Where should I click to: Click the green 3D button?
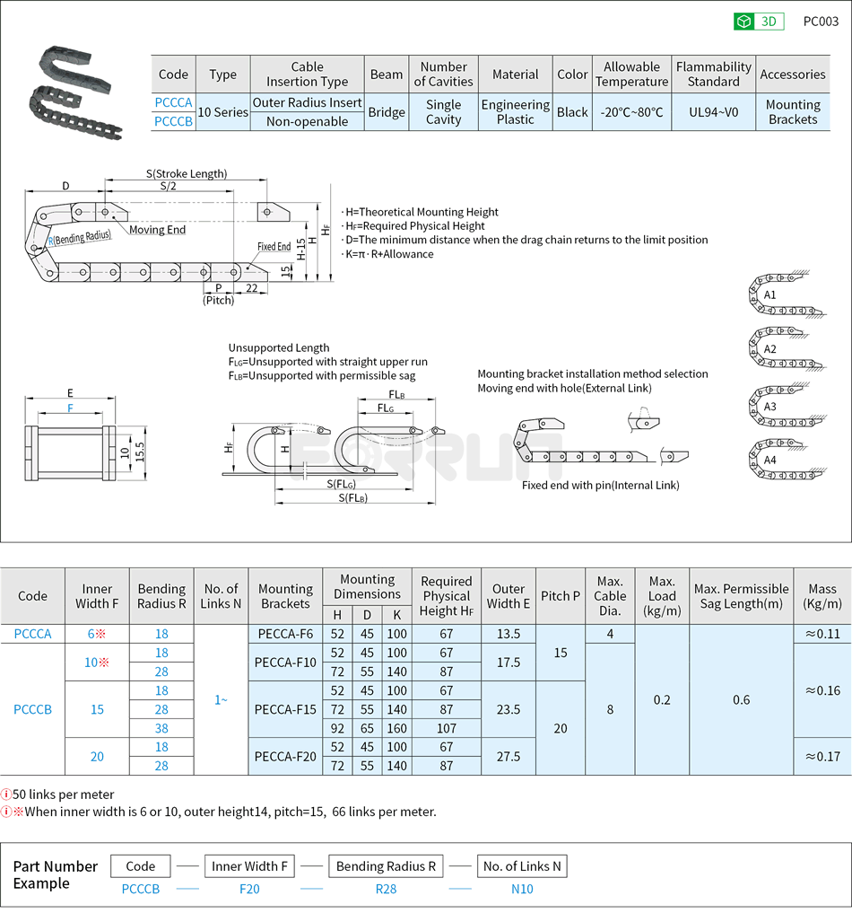pyautogui.click(x=759, y=22)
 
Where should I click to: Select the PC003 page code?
pyautogui.click(x=820, y=22)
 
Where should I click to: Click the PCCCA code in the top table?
pyautogui.click(x=173, y=103)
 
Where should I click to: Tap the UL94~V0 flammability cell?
pyautogui.click(x=713, y=112)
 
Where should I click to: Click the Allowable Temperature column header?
pyautogui.click(x=631, y=75)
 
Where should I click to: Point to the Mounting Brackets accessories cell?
pyautogui.click(x=793, y=112)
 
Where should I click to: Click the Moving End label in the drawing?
pyautogui.click(x=157, y=230)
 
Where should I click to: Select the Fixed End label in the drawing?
pyautogui.click(x=274, y=247)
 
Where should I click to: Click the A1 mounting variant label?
pyautogui.click(x=769, y=294)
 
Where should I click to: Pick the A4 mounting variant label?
pyautogui.click(x=769, y=460)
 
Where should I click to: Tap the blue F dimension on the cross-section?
pyautogui.click(x=71, y=408)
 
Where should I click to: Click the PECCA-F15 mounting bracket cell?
pyautogui.click(x=285, y=709)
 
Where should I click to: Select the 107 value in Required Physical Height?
pyautogui.click(x=447, y=728)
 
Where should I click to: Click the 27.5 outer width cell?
pyautogui.click(x=509, y=756)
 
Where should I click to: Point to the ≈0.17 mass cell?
pyautogui.click(x=822, y=756)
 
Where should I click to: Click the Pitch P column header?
pyautogui.click(x=561, y=596)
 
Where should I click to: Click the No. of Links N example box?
pyautogui.click(x=522, y=866)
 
